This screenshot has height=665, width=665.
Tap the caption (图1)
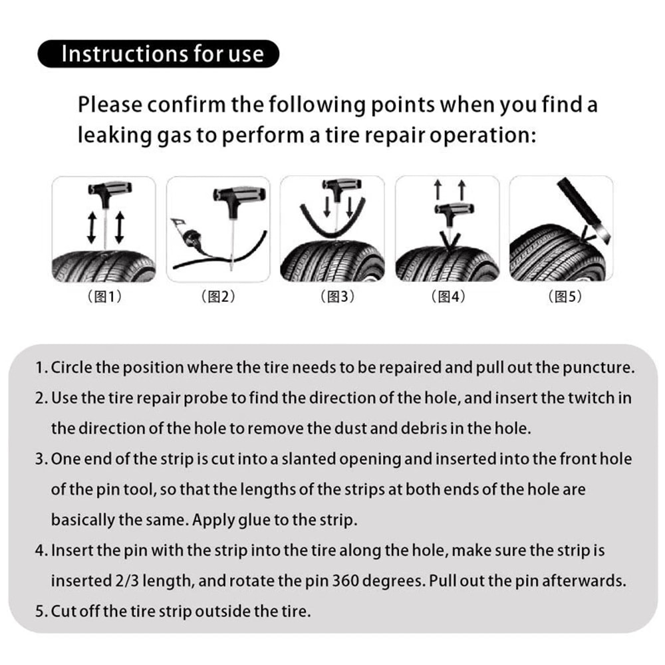104,297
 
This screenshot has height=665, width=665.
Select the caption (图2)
218,297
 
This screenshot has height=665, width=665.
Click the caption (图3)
332,297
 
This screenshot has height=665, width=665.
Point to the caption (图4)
448,297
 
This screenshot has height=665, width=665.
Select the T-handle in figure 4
447,210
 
